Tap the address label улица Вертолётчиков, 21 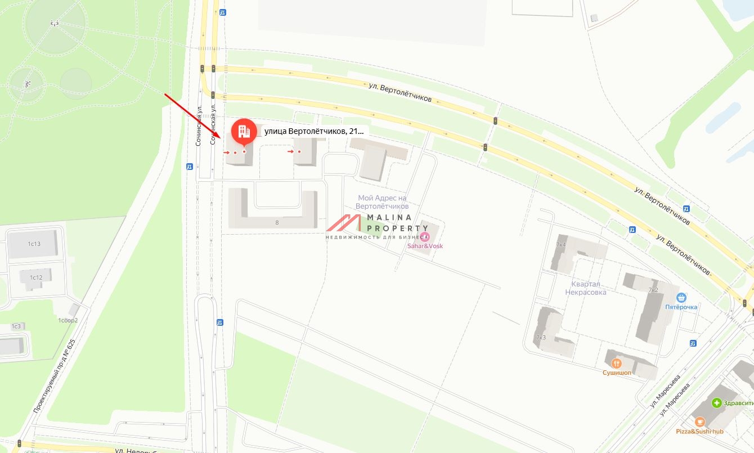click(x=314, y=131)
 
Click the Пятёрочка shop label click(x=681, y=307)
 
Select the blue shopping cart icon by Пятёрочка click(x=681, y=297)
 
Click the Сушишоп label click(x=617, y=373)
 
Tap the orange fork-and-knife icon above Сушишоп click(x=617, y=363)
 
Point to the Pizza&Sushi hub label click(x=699, y=432)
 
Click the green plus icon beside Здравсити click(x=716, y=403)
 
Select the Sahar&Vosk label click(x=424, y=246)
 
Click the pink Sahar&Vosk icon click(x=425, y=236)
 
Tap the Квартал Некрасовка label click(x=586, y=288)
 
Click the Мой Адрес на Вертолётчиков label click(x=383, y=202)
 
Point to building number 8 click(x=277, y=222)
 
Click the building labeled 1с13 click(x=34, y=244)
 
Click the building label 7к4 click(x=560, y=245)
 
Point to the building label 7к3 click(x=541, y=338)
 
